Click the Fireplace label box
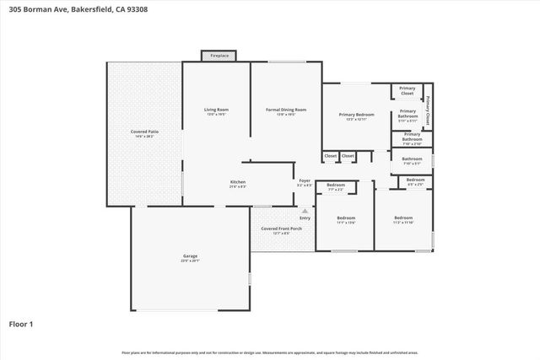point(219,56)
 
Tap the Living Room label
point(217,112)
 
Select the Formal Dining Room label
point(286,112)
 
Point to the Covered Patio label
point(144,134)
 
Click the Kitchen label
point(238,184)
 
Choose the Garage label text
point(190,258)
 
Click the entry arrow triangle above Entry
point(305,210)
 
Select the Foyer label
point(305,182)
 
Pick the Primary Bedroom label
point(356,116)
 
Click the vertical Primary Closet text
point(428,110)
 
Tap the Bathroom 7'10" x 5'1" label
point(412,161)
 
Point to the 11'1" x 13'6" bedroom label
point(346,220)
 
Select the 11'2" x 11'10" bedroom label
point(403,220)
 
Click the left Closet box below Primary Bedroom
point(331,156)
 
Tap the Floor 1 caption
point(21,323)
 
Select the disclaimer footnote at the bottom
point(269,352)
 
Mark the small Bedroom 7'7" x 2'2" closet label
point(336,186)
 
